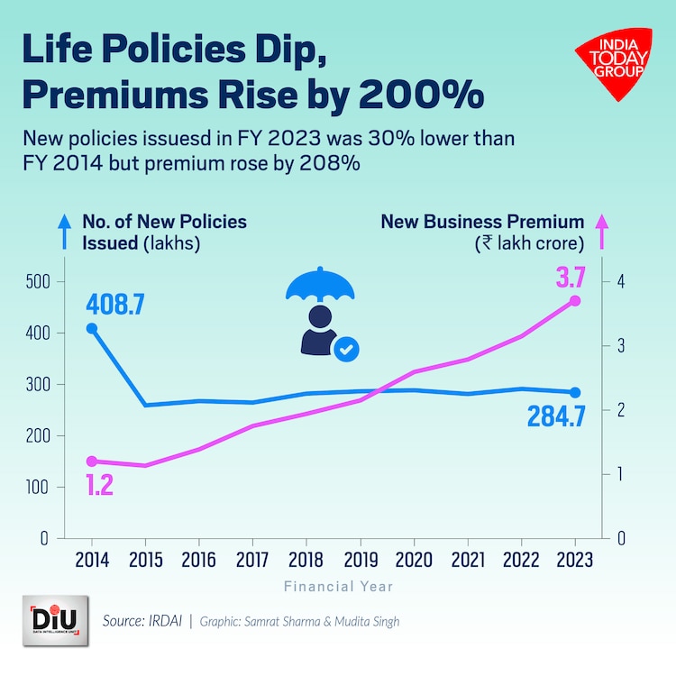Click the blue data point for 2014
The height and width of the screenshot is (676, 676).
coord(92,329)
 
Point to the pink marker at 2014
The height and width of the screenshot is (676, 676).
coord(92,461)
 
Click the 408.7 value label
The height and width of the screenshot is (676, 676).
coord(116,303)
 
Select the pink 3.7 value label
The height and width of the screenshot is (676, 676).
coord(570,276)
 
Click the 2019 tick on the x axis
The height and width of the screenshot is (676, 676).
coord(360,559)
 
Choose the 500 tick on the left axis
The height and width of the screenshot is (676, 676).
coord(36,282)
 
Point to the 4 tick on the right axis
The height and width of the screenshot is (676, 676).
coord(621,282)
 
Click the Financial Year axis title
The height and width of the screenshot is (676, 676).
coord(338,587)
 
